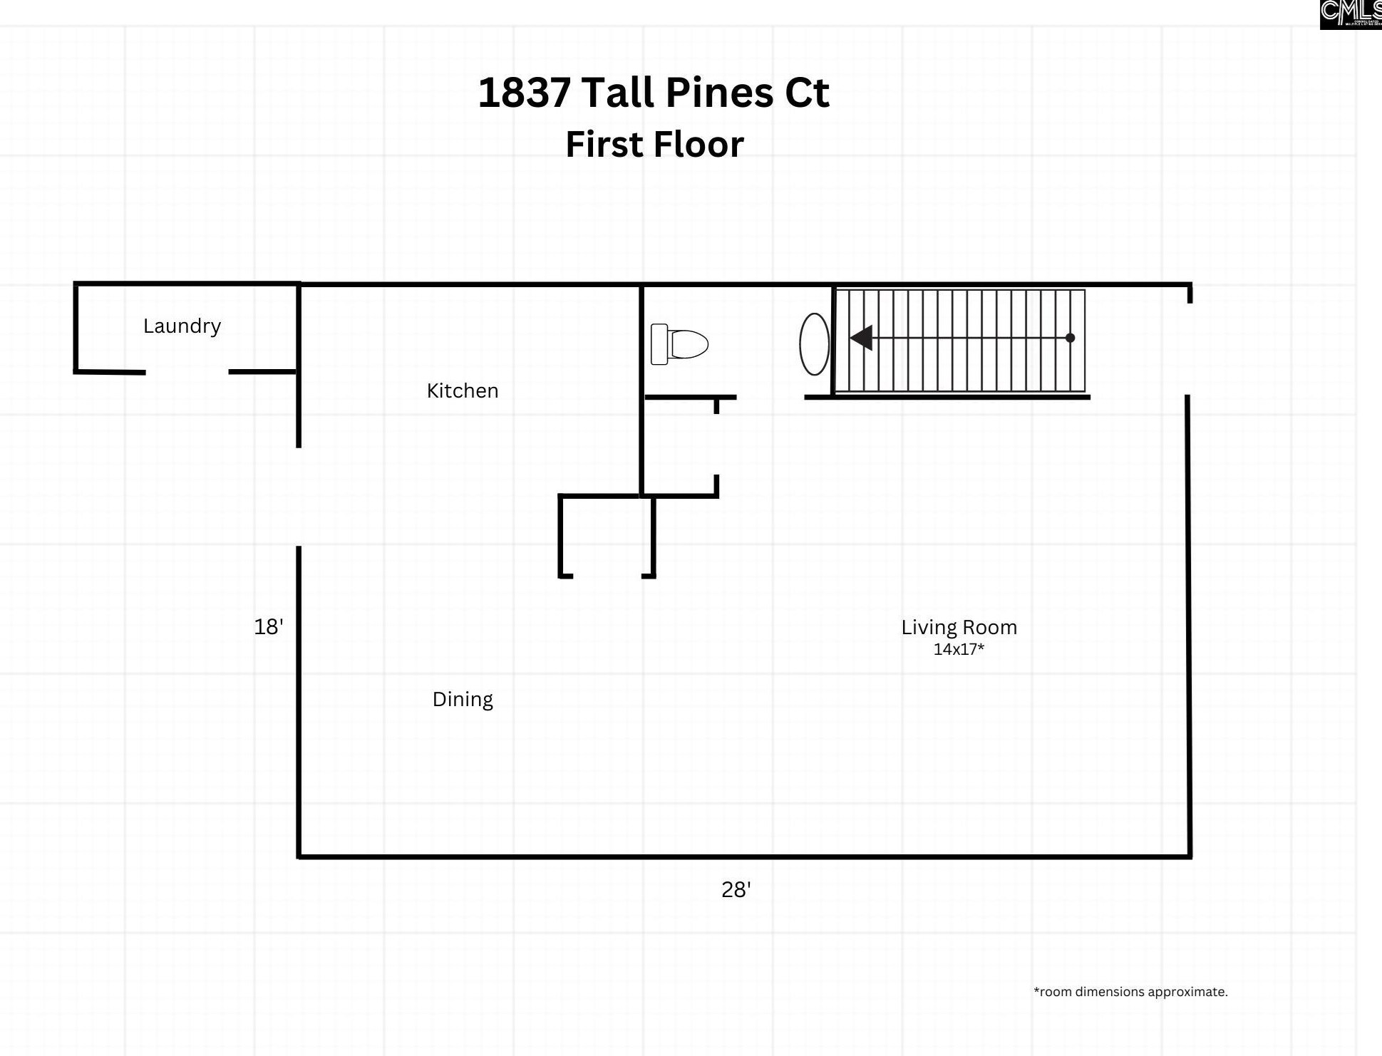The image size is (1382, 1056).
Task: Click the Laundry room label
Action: click(182, 326)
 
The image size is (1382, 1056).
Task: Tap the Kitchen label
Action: click(462, 390)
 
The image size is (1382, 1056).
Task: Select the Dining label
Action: click(462, 699)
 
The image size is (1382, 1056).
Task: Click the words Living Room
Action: click(959, 627)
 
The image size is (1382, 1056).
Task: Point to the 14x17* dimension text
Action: click(959, 649)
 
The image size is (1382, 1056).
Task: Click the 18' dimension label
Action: click(269, 626)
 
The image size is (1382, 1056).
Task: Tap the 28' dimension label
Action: click(736, 889)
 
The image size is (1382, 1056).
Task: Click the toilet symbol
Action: click(679, 344)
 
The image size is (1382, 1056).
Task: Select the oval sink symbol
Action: click(814, 344)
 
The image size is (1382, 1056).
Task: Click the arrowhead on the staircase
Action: click(862, 338)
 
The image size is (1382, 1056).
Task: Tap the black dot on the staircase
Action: click(1070, 338)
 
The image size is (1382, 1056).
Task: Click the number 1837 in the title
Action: click(524, 93)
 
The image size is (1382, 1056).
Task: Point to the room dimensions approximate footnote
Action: click(1130, 991)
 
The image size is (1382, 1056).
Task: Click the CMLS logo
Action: click(1351, 14)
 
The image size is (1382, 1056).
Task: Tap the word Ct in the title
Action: click(807, 93)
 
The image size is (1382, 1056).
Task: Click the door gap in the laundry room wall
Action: click(187, 372)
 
